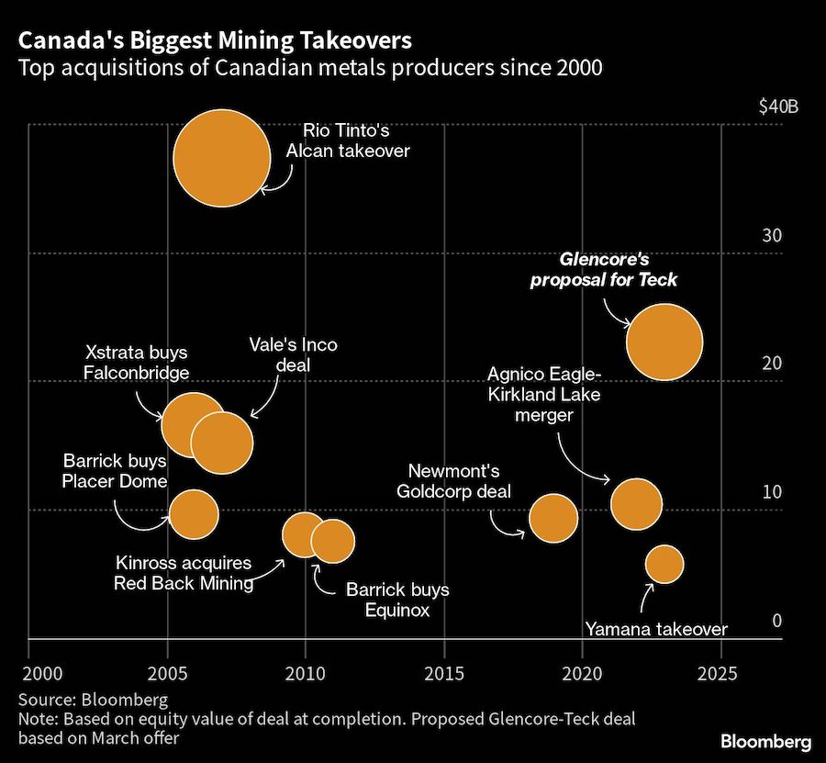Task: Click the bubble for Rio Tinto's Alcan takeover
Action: [x=222, y=158]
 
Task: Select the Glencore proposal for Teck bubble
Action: [x=664, y=342]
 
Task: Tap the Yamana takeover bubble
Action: [x=664, y=564]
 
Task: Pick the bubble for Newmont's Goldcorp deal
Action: [x=553, y=518]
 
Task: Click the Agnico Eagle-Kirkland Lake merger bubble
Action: [x=636, y=503]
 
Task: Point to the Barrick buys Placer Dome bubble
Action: [x=194, y=513]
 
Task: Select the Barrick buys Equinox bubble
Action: [x=333, y=540]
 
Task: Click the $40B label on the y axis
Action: [x=778, y=107]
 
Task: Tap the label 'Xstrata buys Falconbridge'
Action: [x=137, y=363]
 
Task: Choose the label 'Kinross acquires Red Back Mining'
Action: [x=184, y=573]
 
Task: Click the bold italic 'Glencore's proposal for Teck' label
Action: [x=604, y=270]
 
